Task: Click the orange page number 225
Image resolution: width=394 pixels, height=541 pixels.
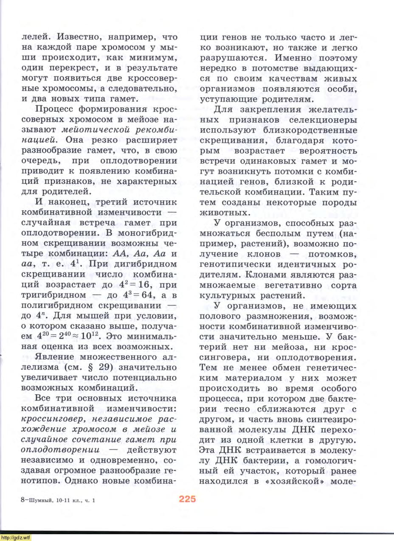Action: pos(187,499)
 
